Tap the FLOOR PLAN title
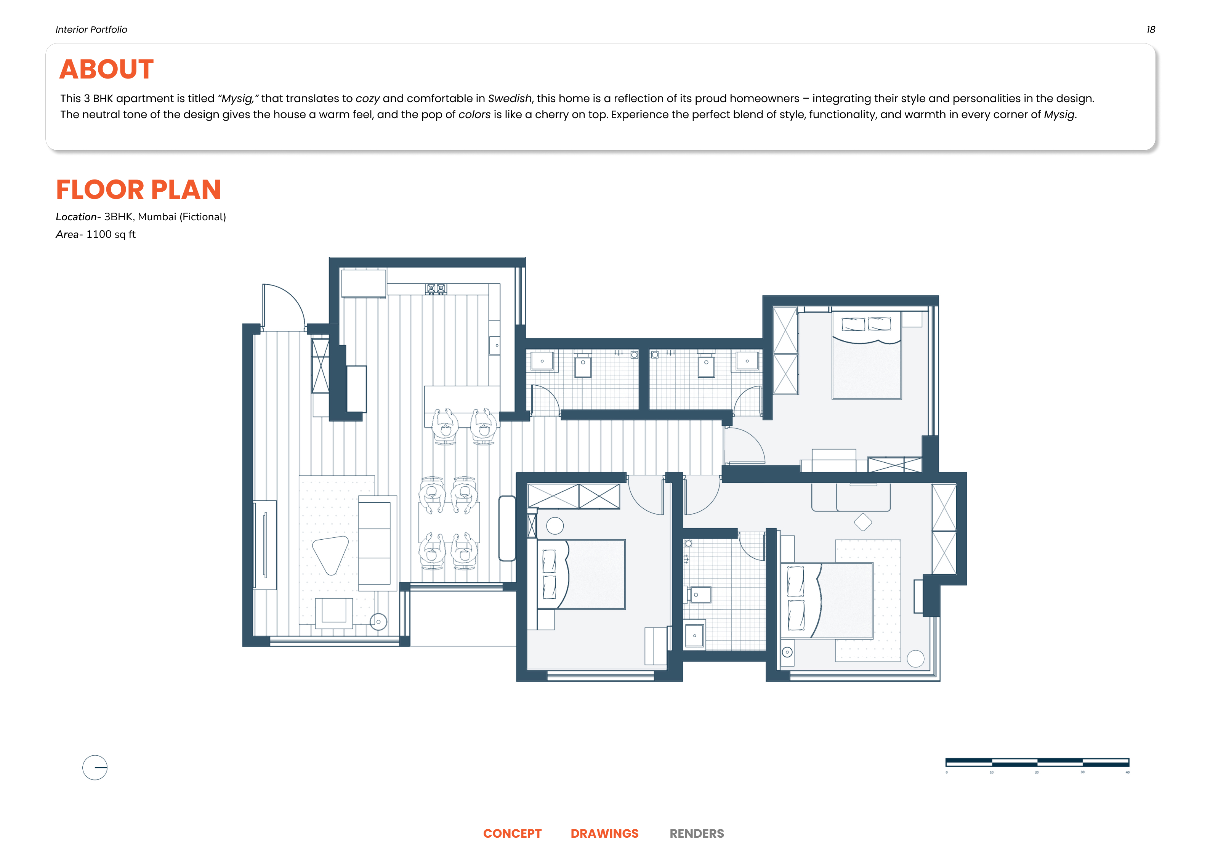(138, 190)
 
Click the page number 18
(1151, 29)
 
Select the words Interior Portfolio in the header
(91, 29)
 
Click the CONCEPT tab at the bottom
(512, 834)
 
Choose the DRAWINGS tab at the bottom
(604, 834)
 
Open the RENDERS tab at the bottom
(696, 834)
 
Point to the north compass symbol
(95, 768)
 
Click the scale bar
(1037, 762)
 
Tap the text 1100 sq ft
(111, 234)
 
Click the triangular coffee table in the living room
(330, 553)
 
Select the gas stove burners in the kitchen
(436, 289)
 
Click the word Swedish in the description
(510, 99)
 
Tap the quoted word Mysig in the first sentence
(238, 99)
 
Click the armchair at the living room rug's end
(333, 612)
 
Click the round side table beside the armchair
(378, 622)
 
